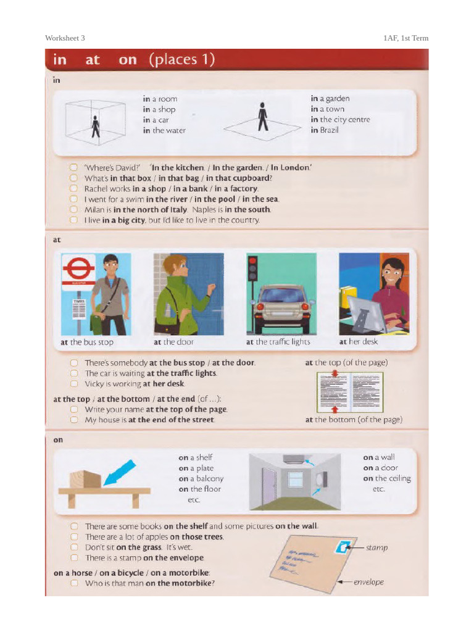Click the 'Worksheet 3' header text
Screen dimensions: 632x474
[65, 38]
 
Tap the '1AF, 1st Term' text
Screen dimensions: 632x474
[405, 38]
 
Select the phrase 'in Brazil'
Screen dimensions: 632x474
[325, 130]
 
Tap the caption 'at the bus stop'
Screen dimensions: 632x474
[87, 342]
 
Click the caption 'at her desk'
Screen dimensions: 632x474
[358, 341]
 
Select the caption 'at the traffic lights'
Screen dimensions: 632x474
[278, 342]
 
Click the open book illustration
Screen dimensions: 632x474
[349, 392]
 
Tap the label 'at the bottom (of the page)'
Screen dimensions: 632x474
[354, 420]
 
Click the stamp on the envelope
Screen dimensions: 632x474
[343, 546]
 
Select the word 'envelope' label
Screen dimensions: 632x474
[368, 582]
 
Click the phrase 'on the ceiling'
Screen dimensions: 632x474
[386, 478]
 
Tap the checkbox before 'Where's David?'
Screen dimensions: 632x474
[73, 167]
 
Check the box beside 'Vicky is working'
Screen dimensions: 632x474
[73, 383]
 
